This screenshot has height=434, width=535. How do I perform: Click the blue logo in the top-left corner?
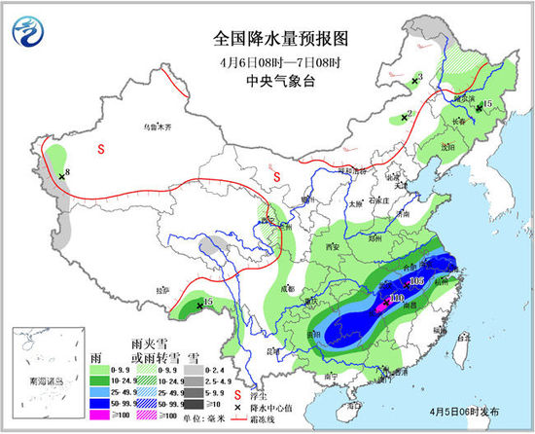point(28,32)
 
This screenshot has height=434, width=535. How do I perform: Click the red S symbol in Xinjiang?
point(102,149)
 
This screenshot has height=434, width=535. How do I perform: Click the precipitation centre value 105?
point(417,280)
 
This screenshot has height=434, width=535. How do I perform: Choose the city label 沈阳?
point(474,146)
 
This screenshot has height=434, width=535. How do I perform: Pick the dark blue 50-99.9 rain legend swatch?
point(97,402)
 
